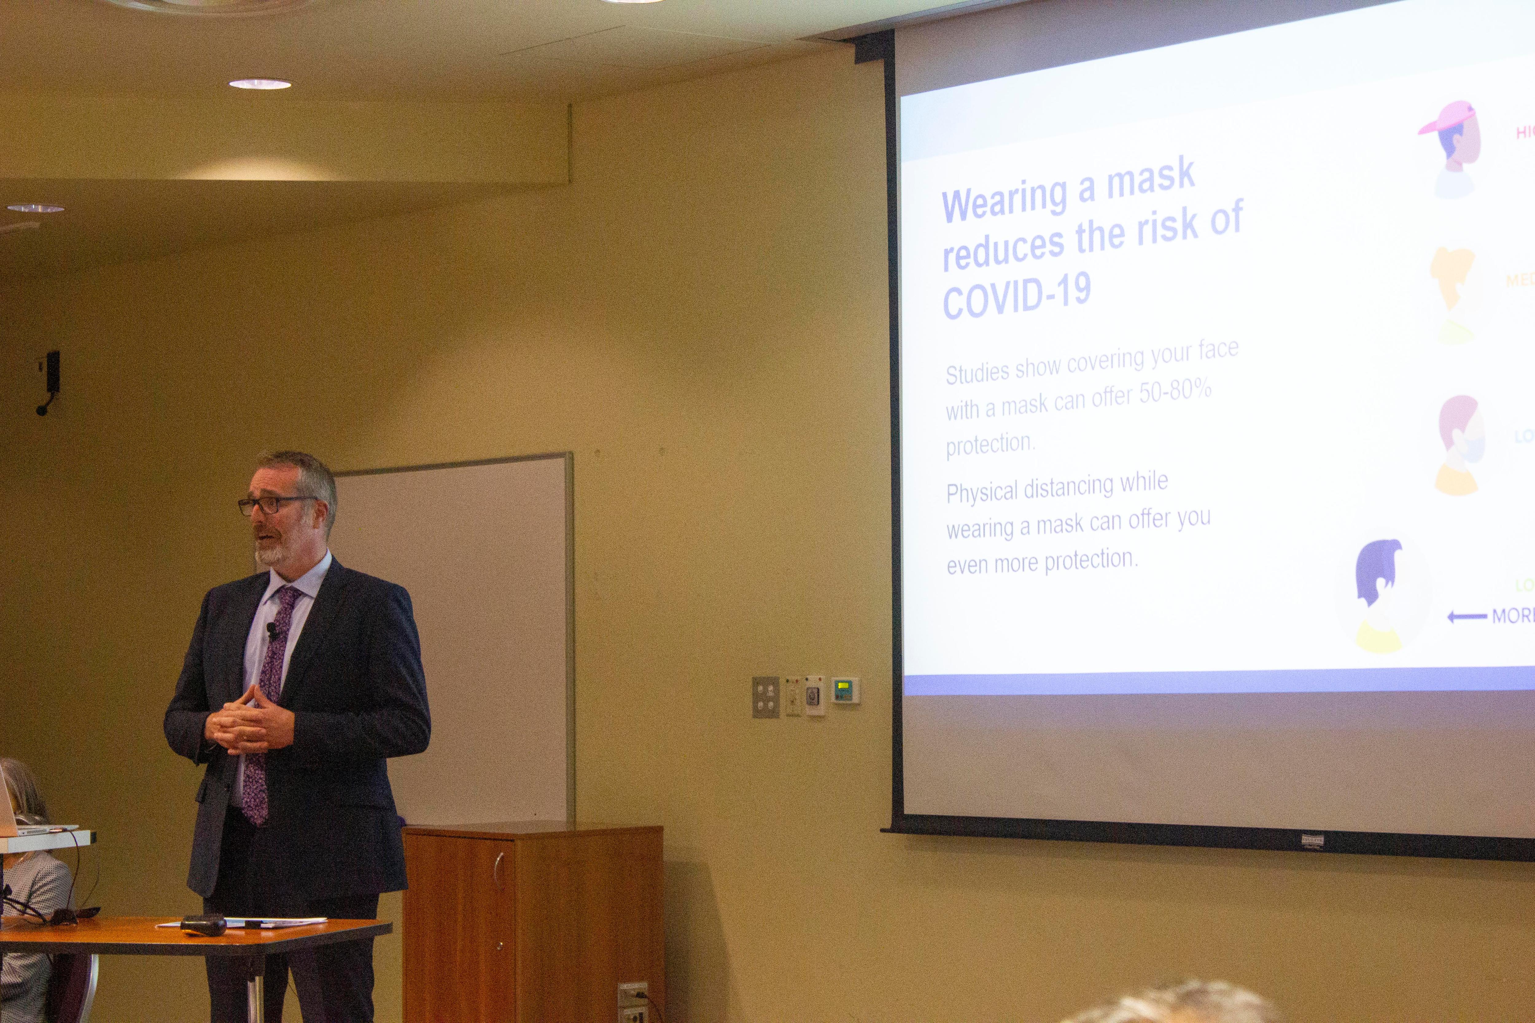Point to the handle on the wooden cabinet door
pos(498,868)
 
